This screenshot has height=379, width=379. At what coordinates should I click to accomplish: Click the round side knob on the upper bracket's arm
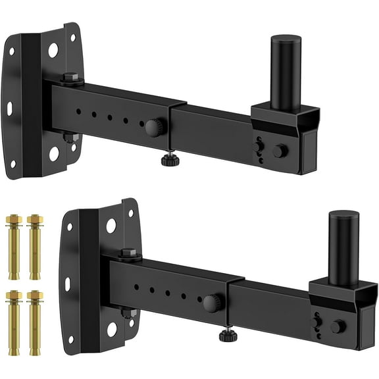pyautogui.click(x=153, y=126)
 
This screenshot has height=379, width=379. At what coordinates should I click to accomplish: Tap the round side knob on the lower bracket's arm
pyautogui.click(x=211, y=303)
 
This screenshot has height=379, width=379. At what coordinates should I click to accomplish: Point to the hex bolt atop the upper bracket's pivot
pyautogui.click(x=71, y=78)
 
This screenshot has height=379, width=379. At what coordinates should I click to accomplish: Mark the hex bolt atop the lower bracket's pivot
pyautogui.click(x=128, y=253)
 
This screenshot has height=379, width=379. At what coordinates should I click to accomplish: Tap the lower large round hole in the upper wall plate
pyautogui.click(x=54, y=153)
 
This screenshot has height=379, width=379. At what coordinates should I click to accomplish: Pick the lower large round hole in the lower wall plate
pyautogui.click(x=111, y=328)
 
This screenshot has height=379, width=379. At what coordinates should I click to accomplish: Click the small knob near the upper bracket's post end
pyautogui.click(x=280, y=150)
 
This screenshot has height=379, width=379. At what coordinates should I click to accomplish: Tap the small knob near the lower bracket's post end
pyautogui.click(x=338, y=326)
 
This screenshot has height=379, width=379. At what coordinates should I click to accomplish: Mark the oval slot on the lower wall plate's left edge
pyautogui.click(x=68, y=284)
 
